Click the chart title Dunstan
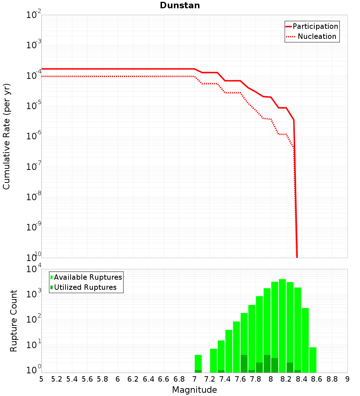pos(180,5)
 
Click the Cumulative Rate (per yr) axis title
pos(6,136)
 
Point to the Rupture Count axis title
pos(14,320)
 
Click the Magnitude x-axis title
pos(194,390)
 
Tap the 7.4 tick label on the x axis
pos(225,379)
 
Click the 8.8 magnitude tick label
pos(332,379)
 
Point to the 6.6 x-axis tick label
pos(164,379)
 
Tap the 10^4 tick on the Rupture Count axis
pos(34,270)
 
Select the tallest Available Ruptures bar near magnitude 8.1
pos(282,324)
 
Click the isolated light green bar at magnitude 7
pos(198,362)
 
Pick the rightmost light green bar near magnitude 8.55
pos(313,360)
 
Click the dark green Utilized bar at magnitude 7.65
pos(244,364)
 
